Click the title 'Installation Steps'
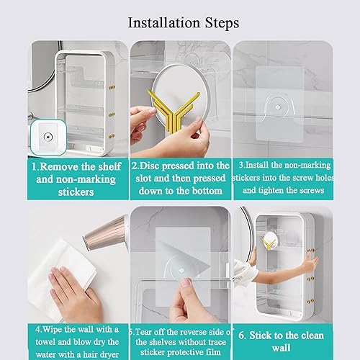pos(183,22)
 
